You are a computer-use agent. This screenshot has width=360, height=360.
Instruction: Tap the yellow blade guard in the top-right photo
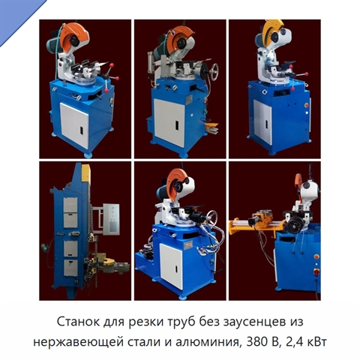274,28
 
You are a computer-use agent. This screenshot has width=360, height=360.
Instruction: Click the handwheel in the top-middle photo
214,71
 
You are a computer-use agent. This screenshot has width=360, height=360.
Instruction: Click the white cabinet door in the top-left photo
74,126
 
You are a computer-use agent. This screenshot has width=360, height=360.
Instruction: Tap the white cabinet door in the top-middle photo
169,122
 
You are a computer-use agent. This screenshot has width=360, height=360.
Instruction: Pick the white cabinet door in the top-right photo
262,122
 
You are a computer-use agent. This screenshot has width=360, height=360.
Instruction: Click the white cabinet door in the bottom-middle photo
171,266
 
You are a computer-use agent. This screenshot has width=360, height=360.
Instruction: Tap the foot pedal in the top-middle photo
211,127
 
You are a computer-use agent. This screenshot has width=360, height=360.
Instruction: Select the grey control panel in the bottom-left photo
112,219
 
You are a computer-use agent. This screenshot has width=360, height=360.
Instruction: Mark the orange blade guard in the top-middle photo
180,37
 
